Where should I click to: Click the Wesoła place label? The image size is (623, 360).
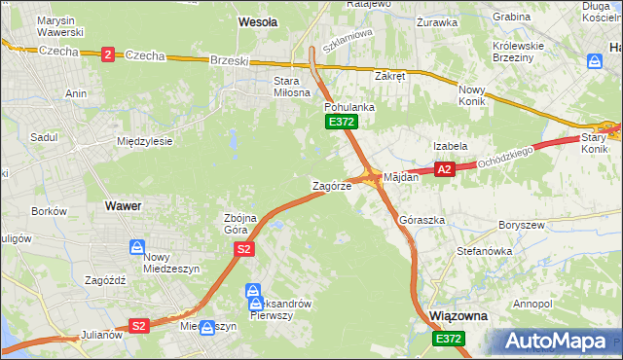[258, 20]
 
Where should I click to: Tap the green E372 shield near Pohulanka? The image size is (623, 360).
[342, 122]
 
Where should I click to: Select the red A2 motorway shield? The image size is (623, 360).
[444, 169]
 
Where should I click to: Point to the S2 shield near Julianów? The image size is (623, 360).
[139, 326]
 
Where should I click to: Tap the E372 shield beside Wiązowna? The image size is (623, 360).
[449, 339]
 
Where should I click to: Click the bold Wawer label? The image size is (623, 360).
[123, 206]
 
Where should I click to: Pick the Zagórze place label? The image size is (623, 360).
[331, 186]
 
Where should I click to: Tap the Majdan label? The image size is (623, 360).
[401, 178]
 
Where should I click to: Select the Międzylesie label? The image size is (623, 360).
[144, 141]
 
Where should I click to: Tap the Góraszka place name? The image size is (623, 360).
[421, 221]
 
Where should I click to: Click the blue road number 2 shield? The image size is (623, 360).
[107, 54]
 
